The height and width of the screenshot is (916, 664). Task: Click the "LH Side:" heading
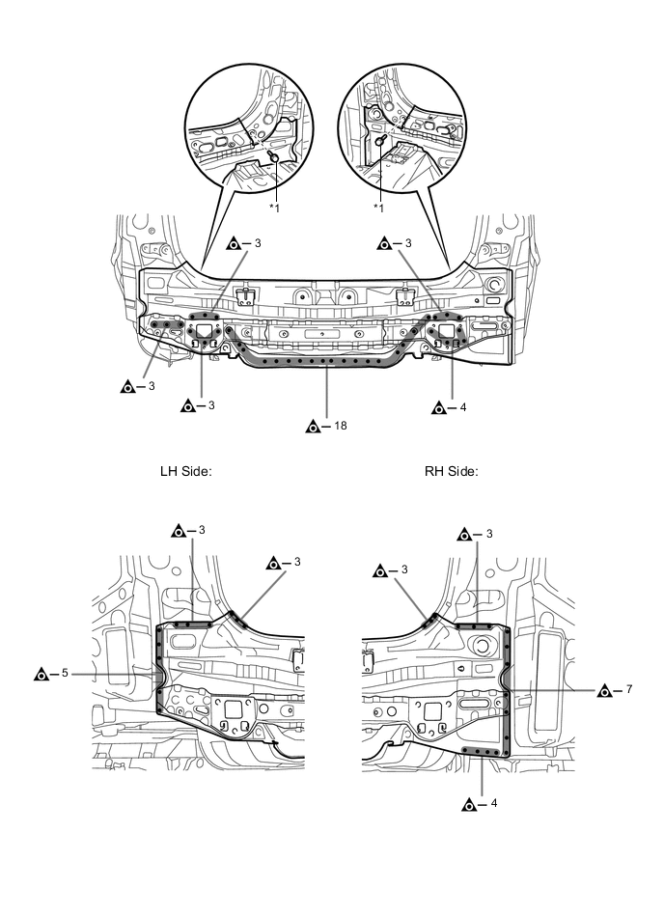click(185, 472)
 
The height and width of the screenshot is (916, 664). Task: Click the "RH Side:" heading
click(452, 472)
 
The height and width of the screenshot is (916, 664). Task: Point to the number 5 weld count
click(65, 673)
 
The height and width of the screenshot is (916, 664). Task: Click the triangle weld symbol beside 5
click(41, 673)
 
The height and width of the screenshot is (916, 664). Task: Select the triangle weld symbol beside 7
click(605, 690)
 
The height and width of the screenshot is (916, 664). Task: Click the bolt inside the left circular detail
click(274, 156)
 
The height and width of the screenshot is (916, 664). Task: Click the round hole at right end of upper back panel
click(495, 286)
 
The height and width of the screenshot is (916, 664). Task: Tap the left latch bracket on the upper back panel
click(245, 293)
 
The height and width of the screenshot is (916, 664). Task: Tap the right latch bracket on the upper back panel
click(404, 293)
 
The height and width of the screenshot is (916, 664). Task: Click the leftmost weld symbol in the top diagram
click(126, 387)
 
